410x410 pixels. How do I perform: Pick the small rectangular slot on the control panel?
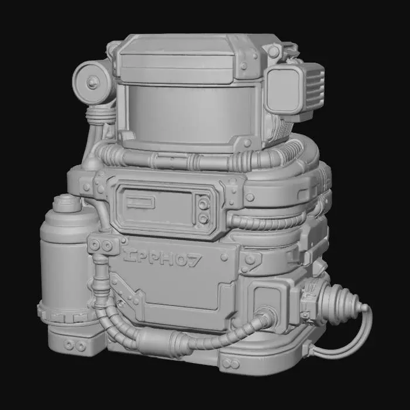click(x=141, y=203)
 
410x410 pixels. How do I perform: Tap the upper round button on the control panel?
click(x=203, y=204)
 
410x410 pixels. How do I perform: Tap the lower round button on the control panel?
click(x=203, y=218)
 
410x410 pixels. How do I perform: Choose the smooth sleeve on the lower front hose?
click(x=157, y=339)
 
